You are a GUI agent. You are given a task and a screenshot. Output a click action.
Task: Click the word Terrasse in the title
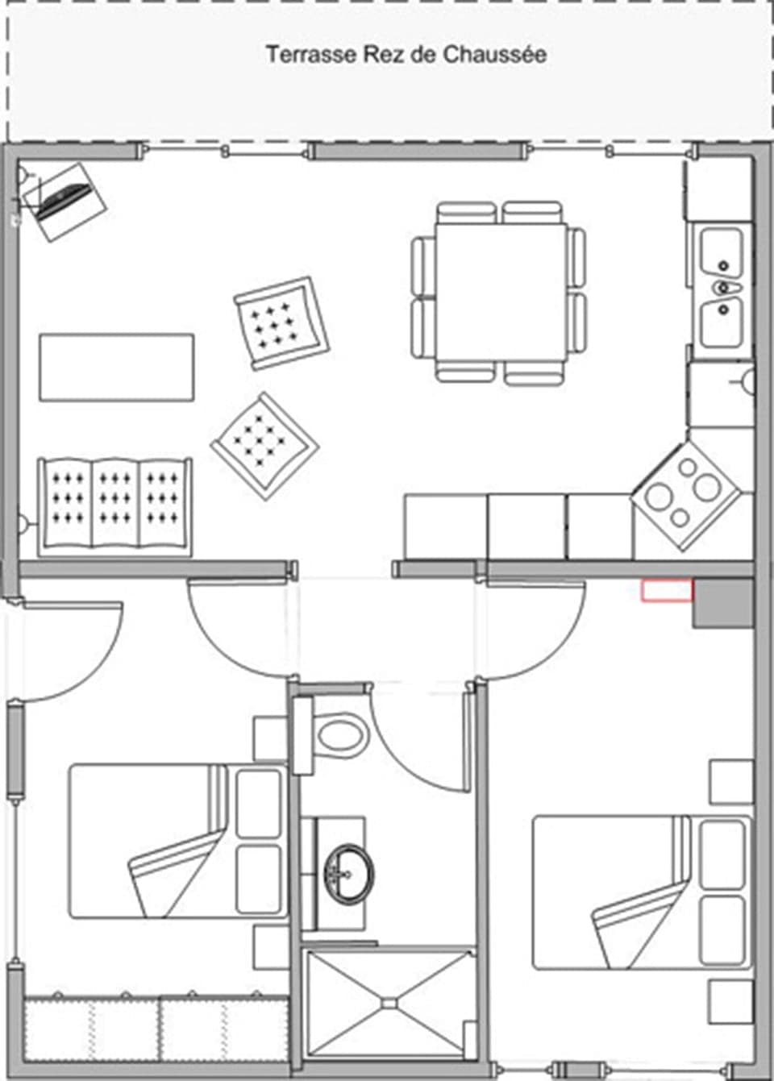pos(301,55)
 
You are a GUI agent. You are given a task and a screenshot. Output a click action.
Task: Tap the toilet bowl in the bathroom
pos(339,734)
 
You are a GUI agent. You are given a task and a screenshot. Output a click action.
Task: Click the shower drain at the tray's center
pos(389,1004)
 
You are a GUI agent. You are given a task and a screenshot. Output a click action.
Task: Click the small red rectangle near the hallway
pos(667,591)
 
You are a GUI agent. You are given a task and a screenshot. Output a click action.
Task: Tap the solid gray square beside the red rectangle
pos(723,603)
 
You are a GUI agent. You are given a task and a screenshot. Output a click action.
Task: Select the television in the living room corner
pos(64,199)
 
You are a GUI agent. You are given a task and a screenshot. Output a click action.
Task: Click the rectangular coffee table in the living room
pos(116,367)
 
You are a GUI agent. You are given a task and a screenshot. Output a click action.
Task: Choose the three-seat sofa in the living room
pos(115,506)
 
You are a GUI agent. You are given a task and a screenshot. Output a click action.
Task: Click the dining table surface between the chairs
pos(499,291)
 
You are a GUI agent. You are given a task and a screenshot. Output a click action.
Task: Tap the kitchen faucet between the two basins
pos(722,287)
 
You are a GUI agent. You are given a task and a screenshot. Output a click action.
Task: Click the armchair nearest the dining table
pos(281,322)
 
